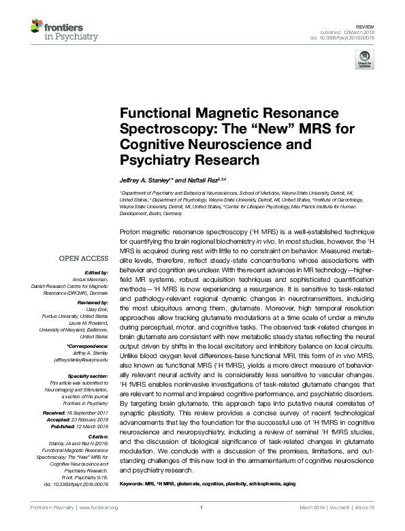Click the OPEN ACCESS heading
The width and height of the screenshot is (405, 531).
coord(84,259)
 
